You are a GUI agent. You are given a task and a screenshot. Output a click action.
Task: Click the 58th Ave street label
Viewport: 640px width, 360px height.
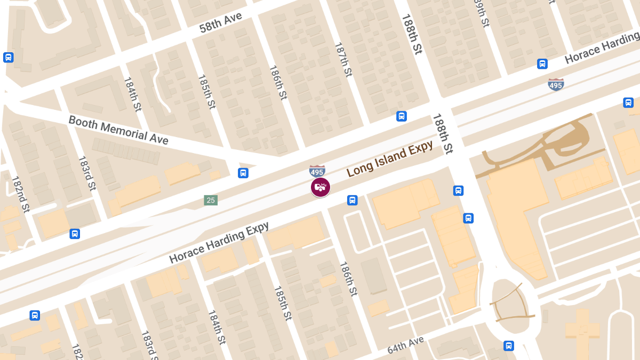point(221,23)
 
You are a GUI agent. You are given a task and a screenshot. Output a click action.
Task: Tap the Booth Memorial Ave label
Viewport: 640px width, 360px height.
point(118,130)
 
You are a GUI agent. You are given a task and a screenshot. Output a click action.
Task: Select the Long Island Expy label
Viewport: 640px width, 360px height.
point(390,160)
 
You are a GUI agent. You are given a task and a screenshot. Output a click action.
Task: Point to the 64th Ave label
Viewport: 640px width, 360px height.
point(405,345)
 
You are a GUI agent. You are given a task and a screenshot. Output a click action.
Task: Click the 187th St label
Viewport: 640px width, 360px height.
point(343,60)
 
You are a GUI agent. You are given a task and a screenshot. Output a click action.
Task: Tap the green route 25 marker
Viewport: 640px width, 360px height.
point(211,201)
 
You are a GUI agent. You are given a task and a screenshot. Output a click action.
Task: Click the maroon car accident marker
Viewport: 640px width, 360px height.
point(321,187)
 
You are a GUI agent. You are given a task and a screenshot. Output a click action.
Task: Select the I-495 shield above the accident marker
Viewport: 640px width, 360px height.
point(317,171)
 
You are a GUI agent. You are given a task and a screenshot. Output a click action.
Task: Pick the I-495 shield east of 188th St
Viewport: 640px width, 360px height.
point(556,84)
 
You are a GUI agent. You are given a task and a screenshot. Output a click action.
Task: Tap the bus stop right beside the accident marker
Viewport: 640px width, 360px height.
point(352,200)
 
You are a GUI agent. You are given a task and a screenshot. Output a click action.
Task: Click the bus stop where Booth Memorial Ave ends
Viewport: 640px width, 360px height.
point(243,173)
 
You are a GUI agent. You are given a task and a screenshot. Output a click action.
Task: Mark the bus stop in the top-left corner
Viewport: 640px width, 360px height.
point(8,57)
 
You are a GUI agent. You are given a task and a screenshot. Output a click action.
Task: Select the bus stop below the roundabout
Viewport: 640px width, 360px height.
point(509,346)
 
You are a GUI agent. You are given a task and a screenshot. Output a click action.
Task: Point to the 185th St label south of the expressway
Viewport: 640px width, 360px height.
point(283,303)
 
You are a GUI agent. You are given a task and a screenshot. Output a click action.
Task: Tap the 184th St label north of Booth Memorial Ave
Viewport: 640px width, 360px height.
point(132,94)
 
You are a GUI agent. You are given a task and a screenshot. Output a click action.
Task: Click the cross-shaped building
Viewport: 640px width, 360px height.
point(582,331)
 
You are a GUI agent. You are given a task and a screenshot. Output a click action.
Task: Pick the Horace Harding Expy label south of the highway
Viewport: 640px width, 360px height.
point(219,243)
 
